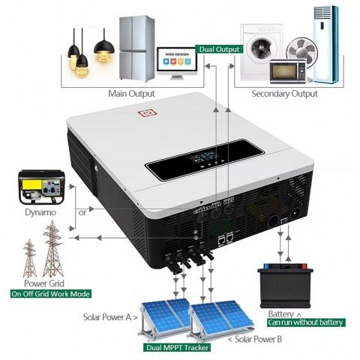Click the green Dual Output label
[220, 50]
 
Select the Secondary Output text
[274, 94]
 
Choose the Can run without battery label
[305, 322]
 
